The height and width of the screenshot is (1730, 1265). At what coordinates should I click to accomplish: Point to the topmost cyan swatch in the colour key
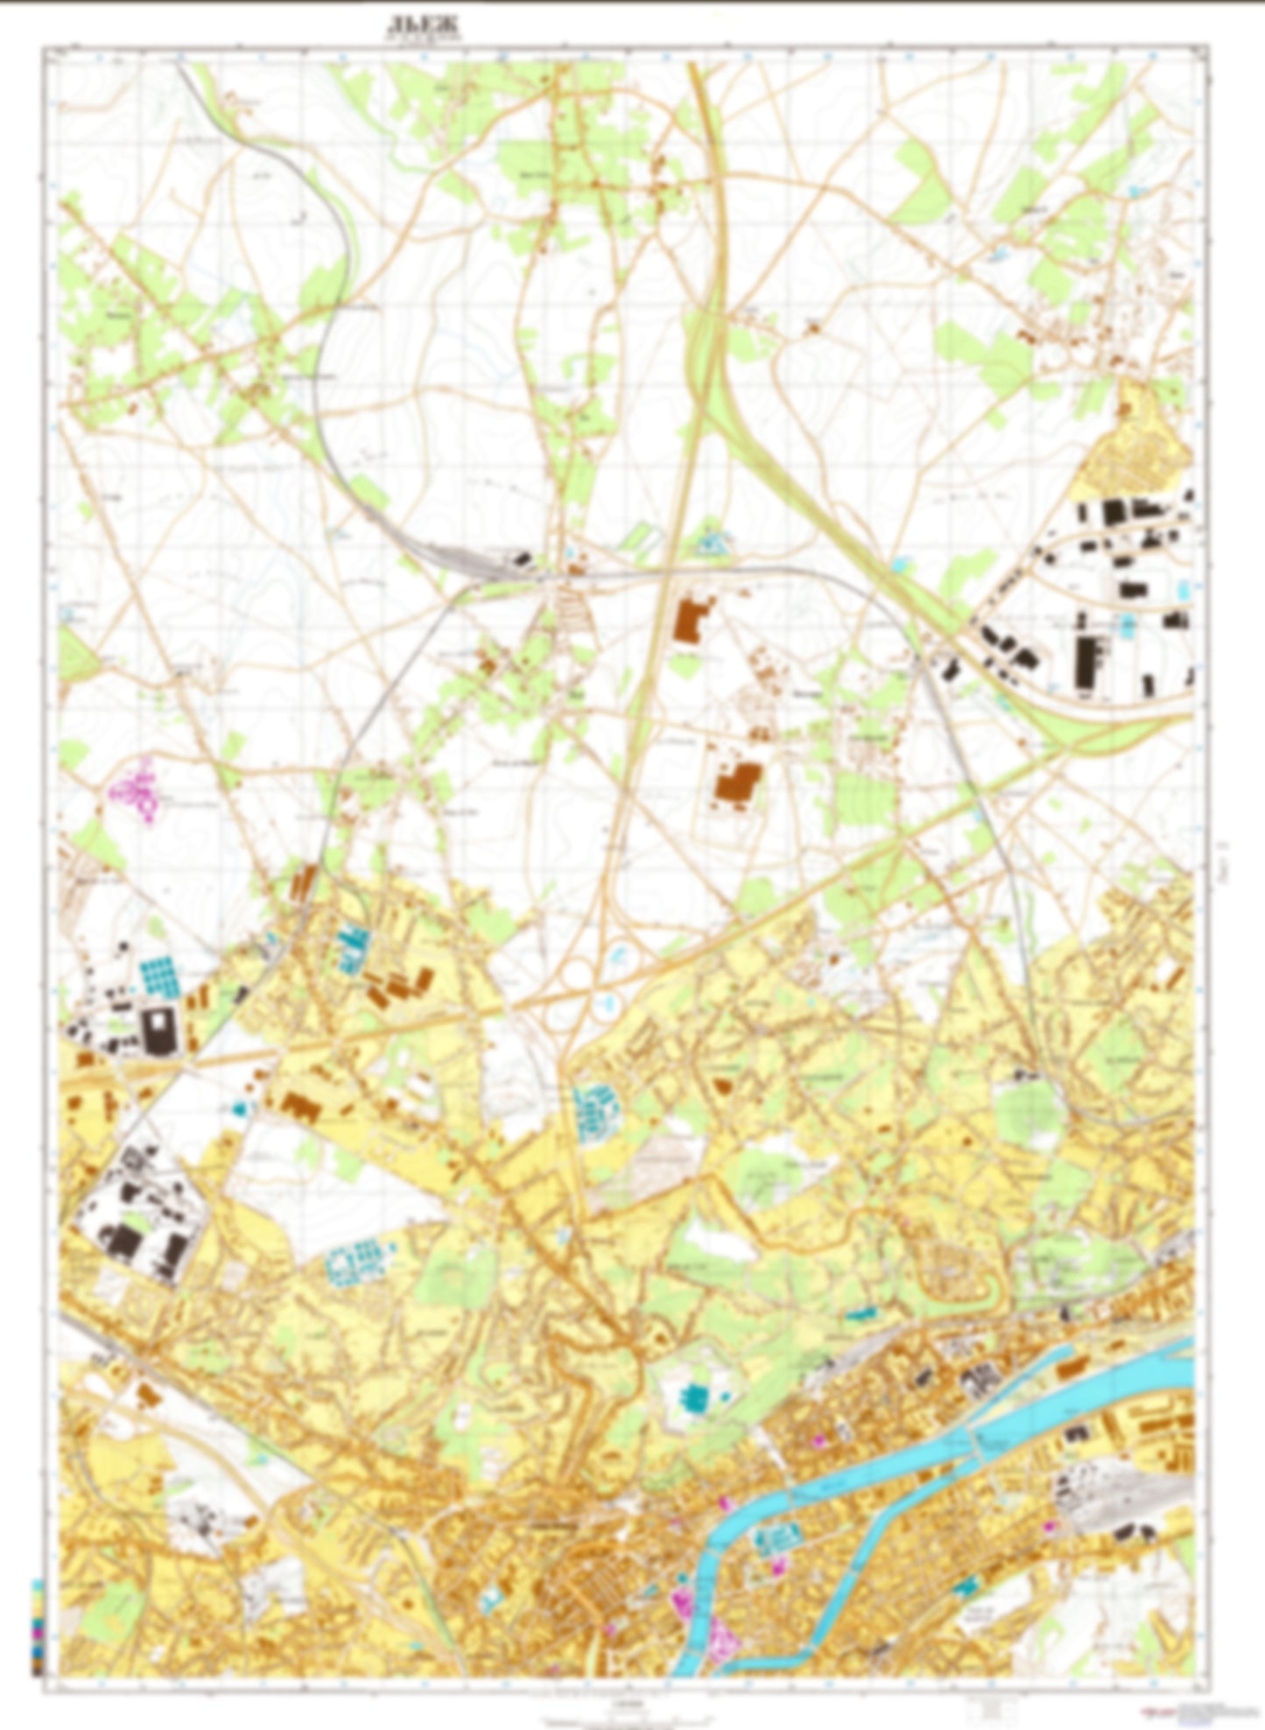pyautogui.click(x=36, y=1586)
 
